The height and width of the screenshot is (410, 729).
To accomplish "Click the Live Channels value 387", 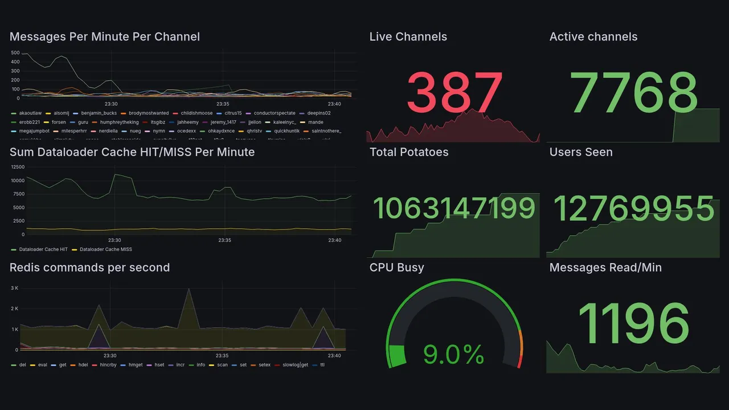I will pyautogui.click(x=454, y=92).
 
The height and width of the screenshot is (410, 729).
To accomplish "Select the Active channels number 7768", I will pyautogui.click(x=634, y=92).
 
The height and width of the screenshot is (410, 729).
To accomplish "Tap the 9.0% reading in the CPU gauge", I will pyautogui.click(x=453, y=355).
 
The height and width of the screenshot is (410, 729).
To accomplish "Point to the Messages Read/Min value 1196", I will pyautogui.click(x=633, y=323).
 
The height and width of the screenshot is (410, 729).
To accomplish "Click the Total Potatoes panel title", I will pyautogui.click(x=408, y=152).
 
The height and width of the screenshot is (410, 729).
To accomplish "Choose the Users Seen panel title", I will pyautogui.click(x=581, y=152).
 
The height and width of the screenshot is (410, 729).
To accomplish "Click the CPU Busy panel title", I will pyautogui.click(x=396, y=268).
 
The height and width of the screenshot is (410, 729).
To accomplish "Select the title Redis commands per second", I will pyautogui.click(x=89, y=268).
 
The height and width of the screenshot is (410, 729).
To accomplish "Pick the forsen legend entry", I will pyautogui.click(x=58, y=122).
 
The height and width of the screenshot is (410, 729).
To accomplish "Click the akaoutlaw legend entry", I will pyautogui.click(x=31, y=113).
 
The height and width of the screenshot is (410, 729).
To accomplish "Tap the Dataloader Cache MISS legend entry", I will pyautogui.click(x=105, y=249).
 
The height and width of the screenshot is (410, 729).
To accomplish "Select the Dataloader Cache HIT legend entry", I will pyautogui.click(x=43, y=249).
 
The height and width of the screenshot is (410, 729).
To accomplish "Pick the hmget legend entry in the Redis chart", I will pyautogui.click(x=135, y=364).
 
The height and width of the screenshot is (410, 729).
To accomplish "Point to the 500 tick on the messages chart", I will pyautogui.click(x=15, y=53).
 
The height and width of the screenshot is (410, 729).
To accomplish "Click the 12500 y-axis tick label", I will pyautogui.click(x=17, y=167).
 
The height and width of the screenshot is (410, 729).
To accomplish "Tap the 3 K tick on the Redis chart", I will pyautogui.click(x=14, y=288).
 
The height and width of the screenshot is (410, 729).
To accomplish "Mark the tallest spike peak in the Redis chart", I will pyautogui.click(x=189, y=289).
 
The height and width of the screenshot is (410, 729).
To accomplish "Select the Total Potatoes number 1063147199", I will pyautogui.click(x=454, y=208).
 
